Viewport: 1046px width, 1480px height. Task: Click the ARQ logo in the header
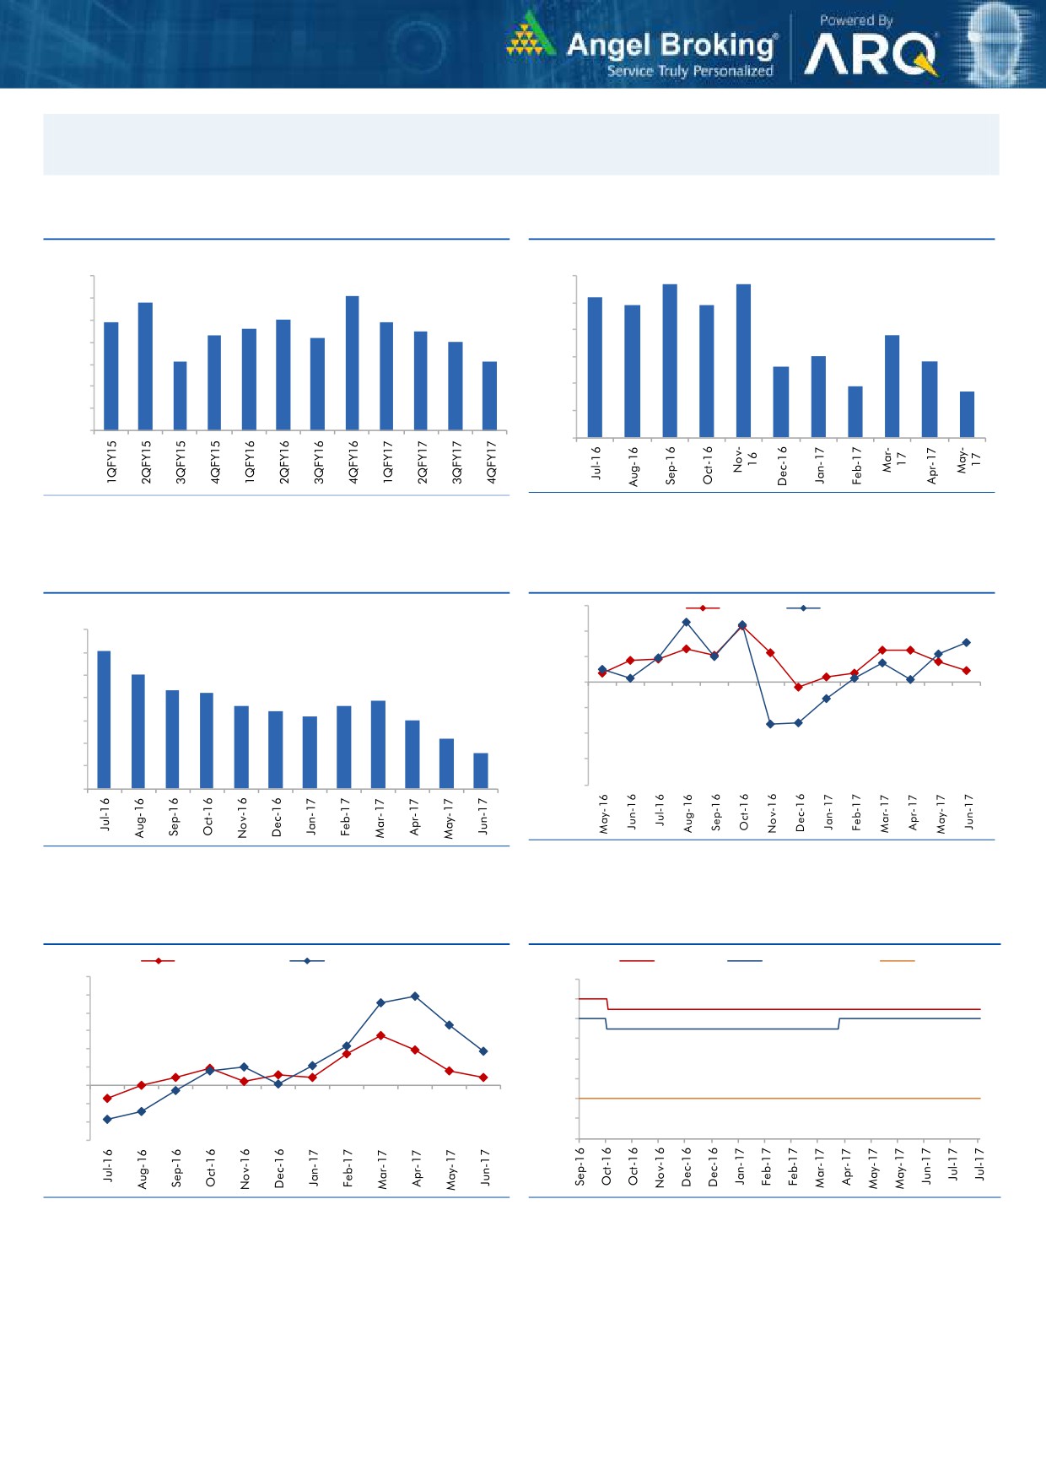pos(870,56)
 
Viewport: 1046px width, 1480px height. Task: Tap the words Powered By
pos(856,20)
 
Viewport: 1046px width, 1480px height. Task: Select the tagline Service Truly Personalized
pos(690,71)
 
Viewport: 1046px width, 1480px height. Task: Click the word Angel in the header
pos(608,45)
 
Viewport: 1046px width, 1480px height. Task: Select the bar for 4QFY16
pos(353,363)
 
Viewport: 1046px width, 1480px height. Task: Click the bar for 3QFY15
pos(180,396)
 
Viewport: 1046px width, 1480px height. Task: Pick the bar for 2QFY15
pos(145,366)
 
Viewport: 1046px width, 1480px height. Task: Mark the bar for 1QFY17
pos(386,375)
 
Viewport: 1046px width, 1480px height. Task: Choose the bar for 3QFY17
pos(456,386)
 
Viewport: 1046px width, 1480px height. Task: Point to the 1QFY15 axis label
pos(111,462)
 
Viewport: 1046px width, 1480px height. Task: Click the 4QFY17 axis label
pos(491,462)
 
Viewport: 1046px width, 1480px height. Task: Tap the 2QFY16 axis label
pos(284,462)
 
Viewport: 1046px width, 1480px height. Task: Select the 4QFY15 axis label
pos(215,462)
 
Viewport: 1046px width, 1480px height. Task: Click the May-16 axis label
pos(604,813)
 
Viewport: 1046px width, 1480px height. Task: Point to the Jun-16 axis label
pos(632,811)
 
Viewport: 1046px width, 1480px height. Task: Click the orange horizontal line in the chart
pos(776,1099)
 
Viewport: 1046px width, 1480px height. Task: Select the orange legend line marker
pos(897,961)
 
